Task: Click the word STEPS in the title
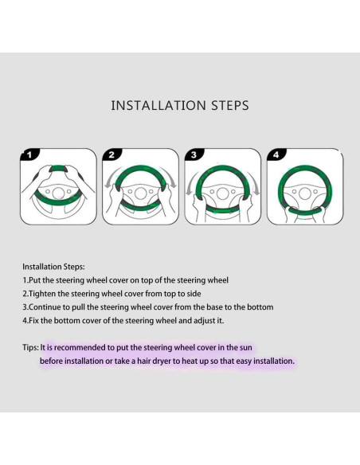(x=230, y=106)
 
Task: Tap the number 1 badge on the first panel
(x=29, y=154)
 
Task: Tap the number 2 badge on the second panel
(x=112, y=154)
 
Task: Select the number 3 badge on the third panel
(x=194, y=154)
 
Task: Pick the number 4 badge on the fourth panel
(x=276, y=154)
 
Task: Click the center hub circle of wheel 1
(x=58, y=193)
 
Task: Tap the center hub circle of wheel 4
(x=304, y=193)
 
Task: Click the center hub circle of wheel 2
(x=140, y=193)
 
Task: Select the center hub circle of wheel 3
(x=222, y=193)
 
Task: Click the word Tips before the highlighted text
(x=30, y=348)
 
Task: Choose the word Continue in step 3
(x=45, y=307)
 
